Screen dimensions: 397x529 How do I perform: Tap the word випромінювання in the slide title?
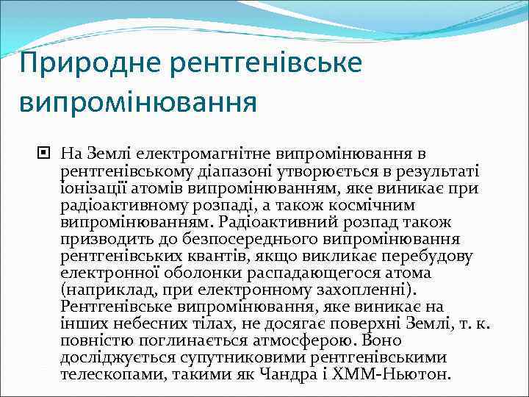tap(138, 101)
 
